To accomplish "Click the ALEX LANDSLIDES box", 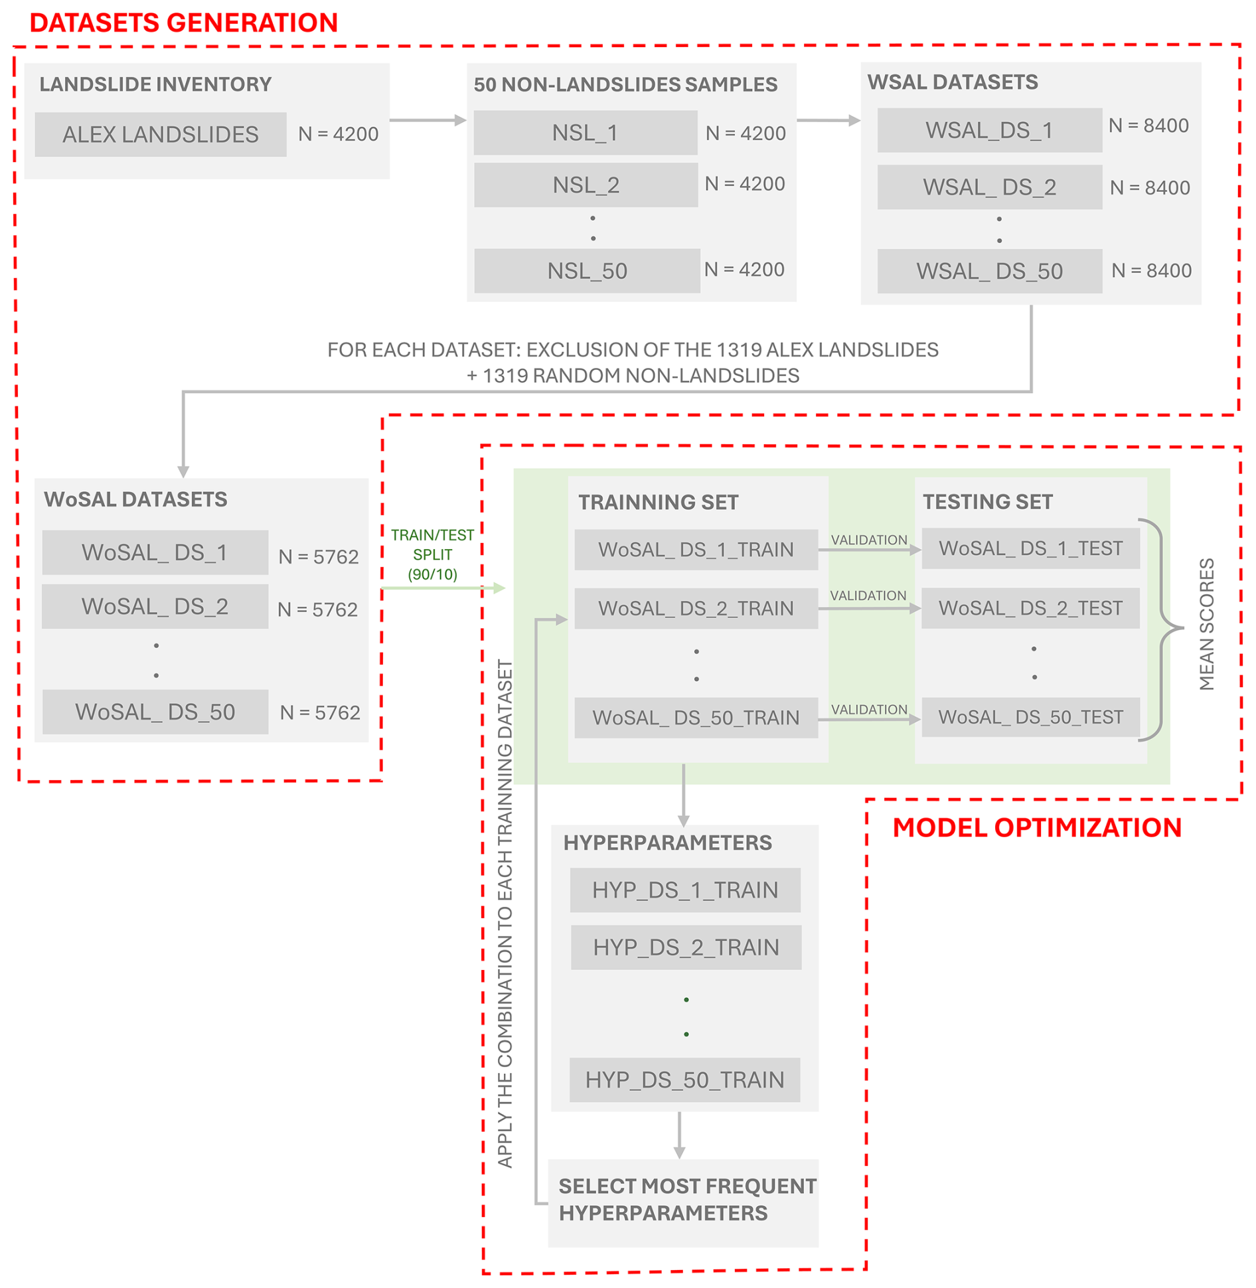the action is (161, 134).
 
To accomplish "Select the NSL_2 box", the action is (586, 185).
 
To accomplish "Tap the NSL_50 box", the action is (587, 271).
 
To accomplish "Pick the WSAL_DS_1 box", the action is (989, 130).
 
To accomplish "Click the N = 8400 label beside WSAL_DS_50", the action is (1151, 270).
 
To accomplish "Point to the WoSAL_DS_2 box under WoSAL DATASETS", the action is (155, 606).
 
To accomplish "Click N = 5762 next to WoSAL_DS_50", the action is (320, 712).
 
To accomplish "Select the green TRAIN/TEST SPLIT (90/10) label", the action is (432, 554).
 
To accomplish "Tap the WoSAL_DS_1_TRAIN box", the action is (696, 550).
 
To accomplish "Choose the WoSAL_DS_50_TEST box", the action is (1030, 717).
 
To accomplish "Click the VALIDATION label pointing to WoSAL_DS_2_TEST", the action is (868, 596).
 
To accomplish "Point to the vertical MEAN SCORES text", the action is (1206, 624).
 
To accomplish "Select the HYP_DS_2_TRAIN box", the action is (686, 947).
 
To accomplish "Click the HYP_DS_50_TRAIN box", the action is (684, 1080).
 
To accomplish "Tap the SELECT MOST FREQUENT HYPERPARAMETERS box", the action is (683, 1203).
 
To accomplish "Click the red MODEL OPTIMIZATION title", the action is (1037, 827).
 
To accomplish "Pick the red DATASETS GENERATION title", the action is (184, 23).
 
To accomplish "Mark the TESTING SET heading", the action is (987, 502).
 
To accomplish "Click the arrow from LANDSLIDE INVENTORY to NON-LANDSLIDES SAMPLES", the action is (428, 120).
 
